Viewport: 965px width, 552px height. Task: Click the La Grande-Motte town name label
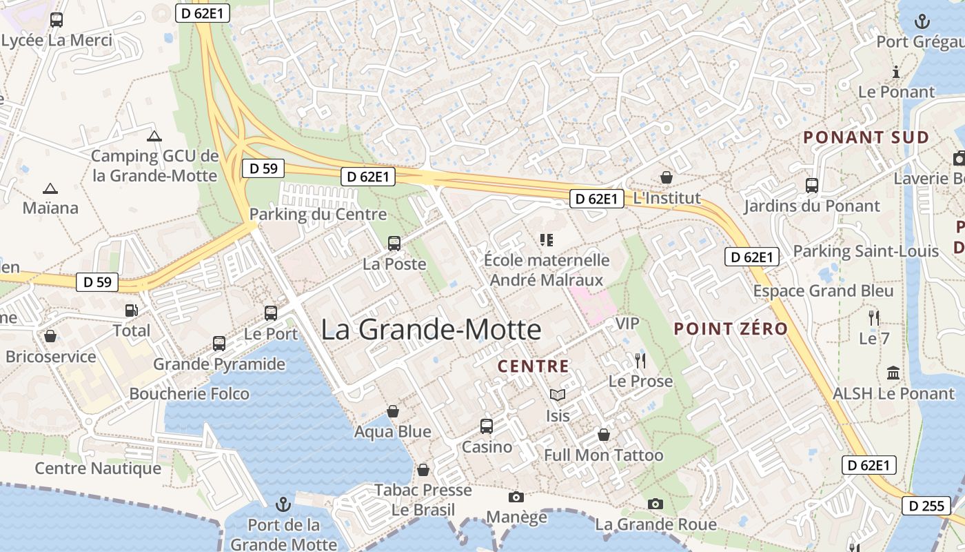pos(431,329)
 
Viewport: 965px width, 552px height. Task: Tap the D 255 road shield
pos(926,506)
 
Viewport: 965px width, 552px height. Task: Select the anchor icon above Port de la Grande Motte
pos(283,504)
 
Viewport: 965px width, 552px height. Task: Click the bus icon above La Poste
pos(394,243)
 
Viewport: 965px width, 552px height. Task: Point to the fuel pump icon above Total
pos(131,310)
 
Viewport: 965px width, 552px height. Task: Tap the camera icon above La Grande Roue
pos(656,504)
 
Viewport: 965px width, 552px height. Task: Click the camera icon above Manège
pos(516,497)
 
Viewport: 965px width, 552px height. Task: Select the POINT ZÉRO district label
pos(731,328)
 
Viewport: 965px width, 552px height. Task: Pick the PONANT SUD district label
pos(866,137)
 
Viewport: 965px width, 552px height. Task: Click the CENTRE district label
pos(534,366)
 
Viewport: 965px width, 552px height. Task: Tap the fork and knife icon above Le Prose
pos(640,360)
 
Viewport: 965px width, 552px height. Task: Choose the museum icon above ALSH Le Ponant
pos(894,373)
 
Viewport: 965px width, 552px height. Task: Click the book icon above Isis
pos(558,395)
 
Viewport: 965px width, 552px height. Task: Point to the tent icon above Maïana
pos(50,188)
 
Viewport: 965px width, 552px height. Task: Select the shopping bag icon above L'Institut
pos(666,177)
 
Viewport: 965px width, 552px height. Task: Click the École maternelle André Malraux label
pos(547,270)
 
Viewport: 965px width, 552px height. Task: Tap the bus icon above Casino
pos(487,426)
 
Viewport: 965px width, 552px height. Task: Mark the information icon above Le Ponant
pos(896,72)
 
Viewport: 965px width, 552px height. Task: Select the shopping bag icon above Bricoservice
pos(50,336)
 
